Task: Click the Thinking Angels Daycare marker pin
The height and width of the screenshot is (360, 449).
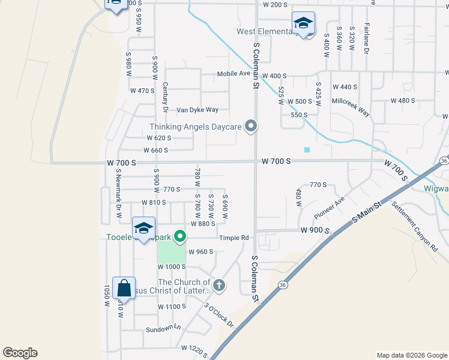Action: (x=252, y=126)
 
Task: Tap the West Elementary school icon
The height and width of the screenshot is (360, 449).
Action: (x=303, y=24)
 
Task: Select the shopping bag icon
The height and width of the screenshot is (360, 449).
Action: (x=124, y=289)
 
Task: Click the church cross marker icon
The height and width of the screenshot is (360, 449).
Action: (x=219, y=285)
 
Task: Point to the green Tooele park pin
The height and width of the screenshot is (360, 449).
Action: (x=179, y=237)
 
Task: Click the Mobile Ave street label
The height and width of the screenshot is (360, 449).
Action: (x=233, y=74)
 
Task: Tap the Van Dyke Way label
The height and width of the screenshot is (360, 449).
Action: (x=197, y=110)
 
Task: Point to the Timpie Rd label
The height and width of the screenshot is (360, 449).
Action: (x=234, y=238)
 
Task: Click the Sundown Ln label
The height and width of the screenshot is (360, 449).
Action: (x=163, y=329)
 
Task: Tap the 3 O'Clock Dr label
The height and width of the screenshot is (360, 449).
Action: (x=219, y=315)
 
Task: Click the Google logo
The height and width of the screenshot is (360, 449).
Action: (x=20, y=353)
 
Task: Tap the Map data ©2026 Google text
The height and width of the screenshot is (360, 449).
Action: (x=411, y=355)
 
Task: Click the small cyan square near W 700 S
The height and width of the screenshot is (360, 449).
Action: (x=307, y=149)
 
